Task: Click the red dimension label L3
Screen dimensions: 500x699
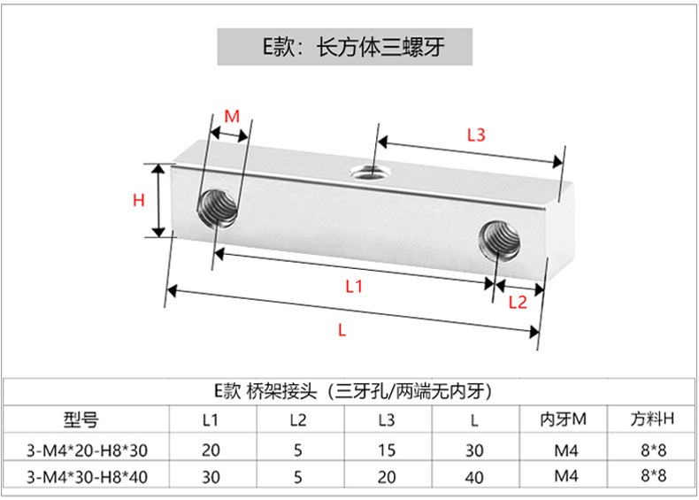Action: tap(476, 135)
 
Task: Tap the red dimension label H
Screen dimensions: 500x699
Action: tap(138, 201)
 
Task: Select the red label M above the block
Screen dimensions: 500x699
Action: tap(232, 116)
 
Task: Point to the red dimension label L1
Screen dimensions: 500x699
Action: tap(354, 286)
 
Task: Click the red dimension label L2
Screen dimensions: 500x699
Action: tap(518, 303)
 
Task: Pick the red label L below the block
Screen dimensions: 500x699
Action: tap(342, 329)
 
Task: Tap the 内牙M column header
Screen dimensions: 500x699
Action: tap(565, 419)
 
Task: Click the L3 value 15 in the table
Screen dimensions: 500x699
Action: tap(387, 450)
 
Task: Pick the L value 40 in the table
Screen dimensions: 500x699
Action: tap(475, 478)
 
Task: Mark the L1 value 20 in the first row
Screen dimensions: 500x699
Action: tap(211, 450)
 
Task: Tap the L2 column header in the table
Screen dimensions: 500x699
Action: tap(298, 419)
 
